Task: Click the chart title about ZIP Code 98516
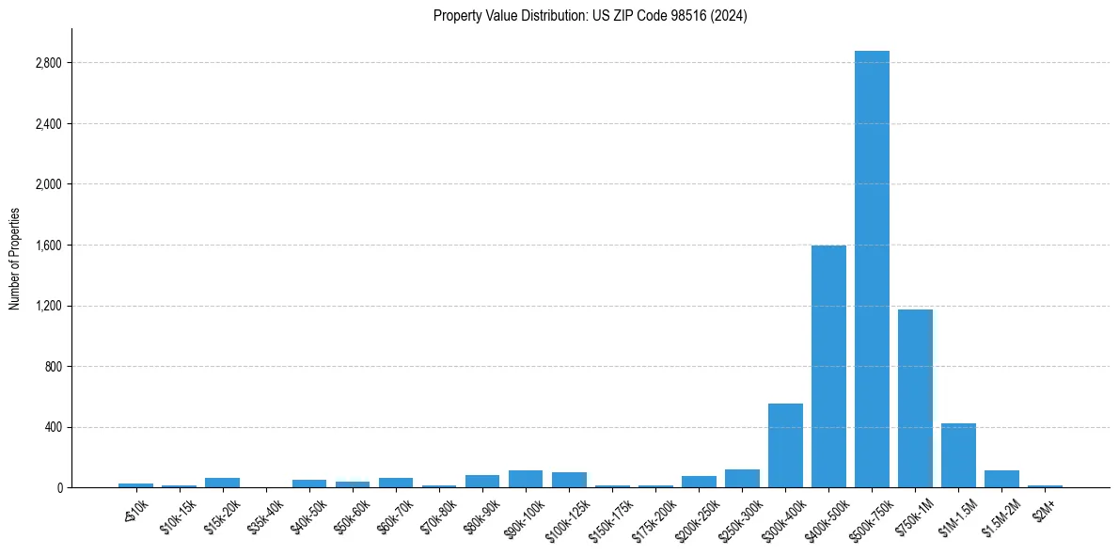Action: (590, 16)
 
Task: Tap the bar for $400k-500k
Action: (828, 367)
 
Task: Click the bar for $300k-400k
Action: (785, 446)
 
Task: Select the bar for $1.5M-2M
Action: (1001, 479)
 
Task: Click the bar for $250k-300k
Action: (742, 479)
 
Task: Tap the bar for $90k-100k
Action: (526, 479)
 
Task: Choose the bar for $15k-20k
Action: (223, 483)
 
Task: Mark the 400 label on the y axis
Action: (55, 427)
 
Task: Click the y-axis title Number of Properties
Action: (15, 259)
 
